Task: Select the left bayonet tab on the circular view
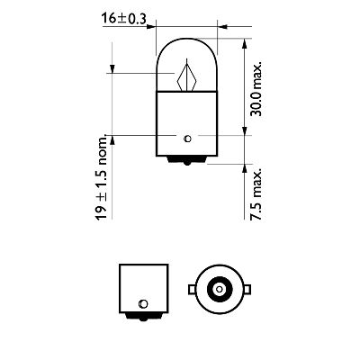coord(190,290)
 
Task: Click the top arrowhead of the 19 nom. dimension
coord(112,69)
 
